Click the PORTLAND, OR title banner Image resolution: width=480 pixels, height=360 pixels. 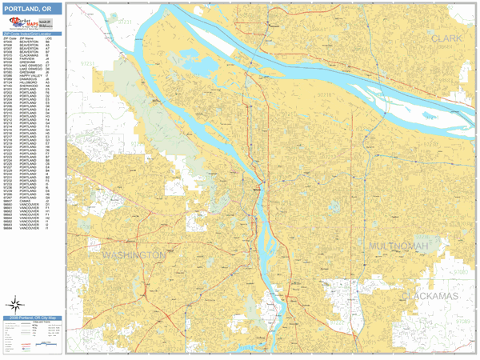(x=32, y=10)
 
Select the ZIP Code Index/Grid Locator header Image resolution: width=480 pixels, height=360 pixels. (x=32, y=33)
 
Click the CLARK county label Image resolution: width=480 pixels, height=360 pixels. (x=446, y=38)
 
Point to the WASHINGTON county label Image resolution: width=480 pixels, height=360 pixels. (x=134, y=254)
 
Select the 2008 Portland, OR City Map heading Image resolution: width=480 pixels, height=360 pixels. (x=32, y=318)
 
